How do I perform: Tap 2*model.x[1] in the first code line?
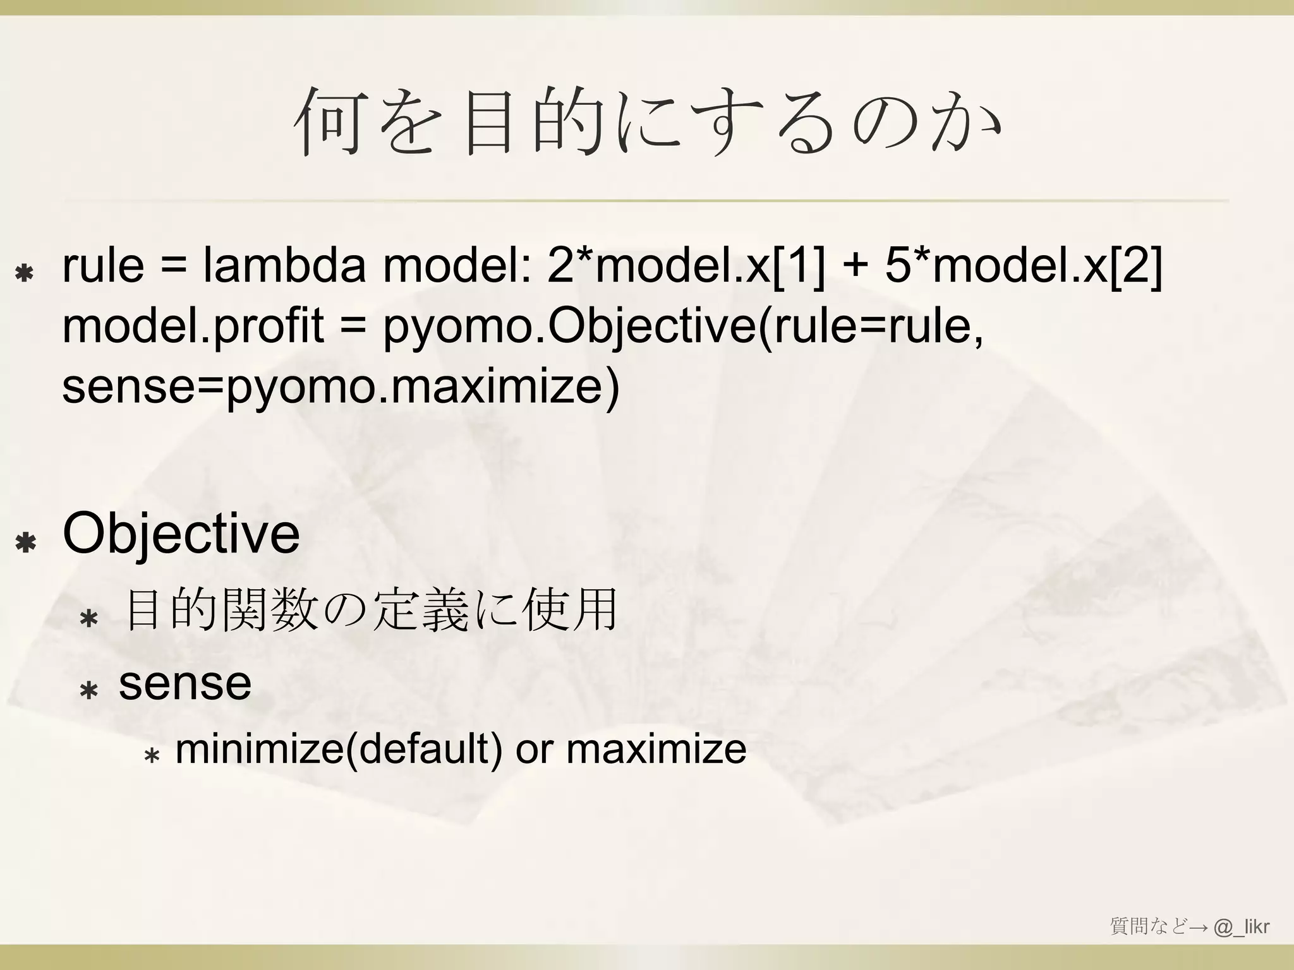[x=686, y=266]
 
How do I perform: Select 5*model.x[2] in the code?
[x=1023, y=266]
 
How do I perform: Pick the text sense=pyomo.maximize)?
[x=341, y=386]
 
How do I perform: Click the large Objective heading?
[x=181, y=534]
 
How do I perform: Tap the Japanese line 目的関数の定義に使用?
[x=371, y=611]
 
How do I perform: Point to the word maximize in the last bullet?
[x=656, y=749]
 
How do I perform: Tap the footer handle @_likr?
[x=1241, y=926]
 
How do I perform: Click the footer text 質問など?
[x=1148, y=926]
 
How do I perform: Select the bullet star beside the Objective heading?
[x=26, y=543]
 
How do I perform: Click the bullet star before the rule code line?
[x=25, y=273]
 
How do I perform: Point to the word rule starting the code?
[x=103, y=266]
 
